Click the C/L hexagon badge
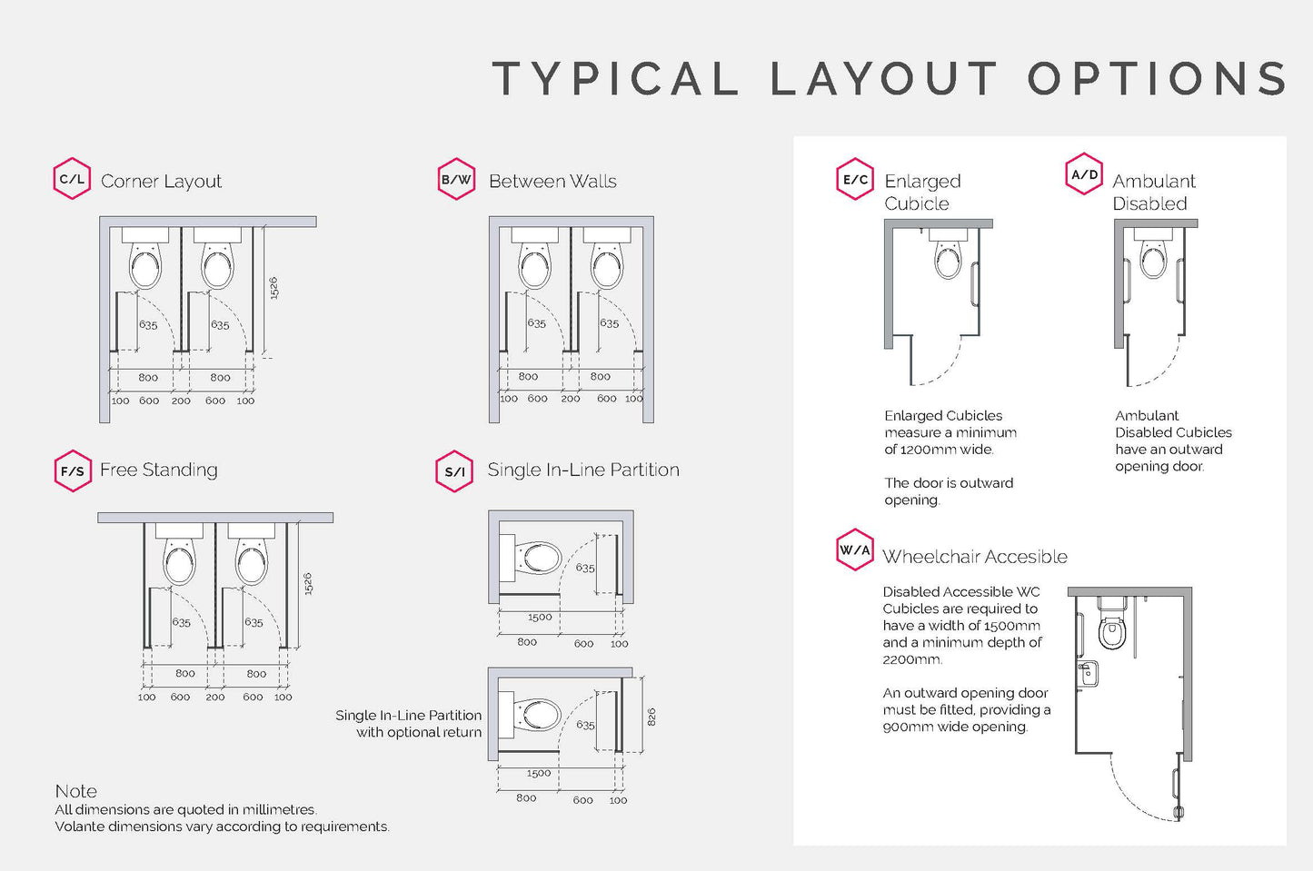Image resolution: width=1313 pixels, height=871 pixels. point(72,179)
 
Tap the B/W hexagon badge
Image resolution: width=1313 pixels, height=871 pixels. point(456,179)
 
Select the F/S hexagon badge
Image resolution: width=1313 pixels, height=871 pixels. point(73,470)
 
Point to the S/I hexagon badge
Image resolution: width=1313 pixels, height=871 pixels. point(455,471)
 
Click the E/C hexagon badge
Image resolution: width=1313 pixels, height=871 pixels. point(854,179)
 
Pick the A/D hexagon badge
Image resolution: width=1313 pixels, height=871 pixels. point(1084,174)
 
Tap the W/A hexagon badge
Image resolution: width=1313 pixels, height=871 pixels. point(854,549)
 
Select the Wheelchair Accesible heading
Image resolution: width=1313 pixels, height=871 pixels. point(974,557)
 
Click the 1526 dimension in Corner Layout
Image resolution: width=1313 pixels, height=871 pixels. point(274,288)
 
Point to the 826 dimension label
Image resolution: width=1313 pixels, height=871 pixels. point(652,717)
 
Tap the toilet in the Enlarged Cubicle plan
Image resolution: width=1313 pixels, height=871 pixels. point(948,258)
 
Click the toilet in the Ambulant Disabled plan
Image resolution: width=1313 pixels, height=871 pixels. point(1153,258)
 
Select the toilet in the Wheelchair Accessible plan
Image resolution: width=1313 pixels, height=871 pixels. point(1111,629)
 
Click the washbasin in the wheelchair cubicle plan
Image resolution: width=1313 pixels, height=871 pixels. point(1088,674)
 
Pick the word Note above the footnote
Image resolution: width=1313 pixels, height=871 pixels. point(75,791)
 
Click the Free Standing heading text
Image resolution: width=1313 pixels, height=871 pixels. point(159,470)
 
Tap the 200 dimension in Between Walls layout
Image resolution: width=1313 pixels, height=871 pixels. point(570,399)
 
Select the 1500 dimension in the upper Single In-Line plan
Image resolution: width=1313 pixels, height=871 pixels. point(540,618)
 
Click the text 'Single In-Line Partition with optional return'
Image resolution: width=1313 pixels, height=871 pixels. point(409,724)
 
